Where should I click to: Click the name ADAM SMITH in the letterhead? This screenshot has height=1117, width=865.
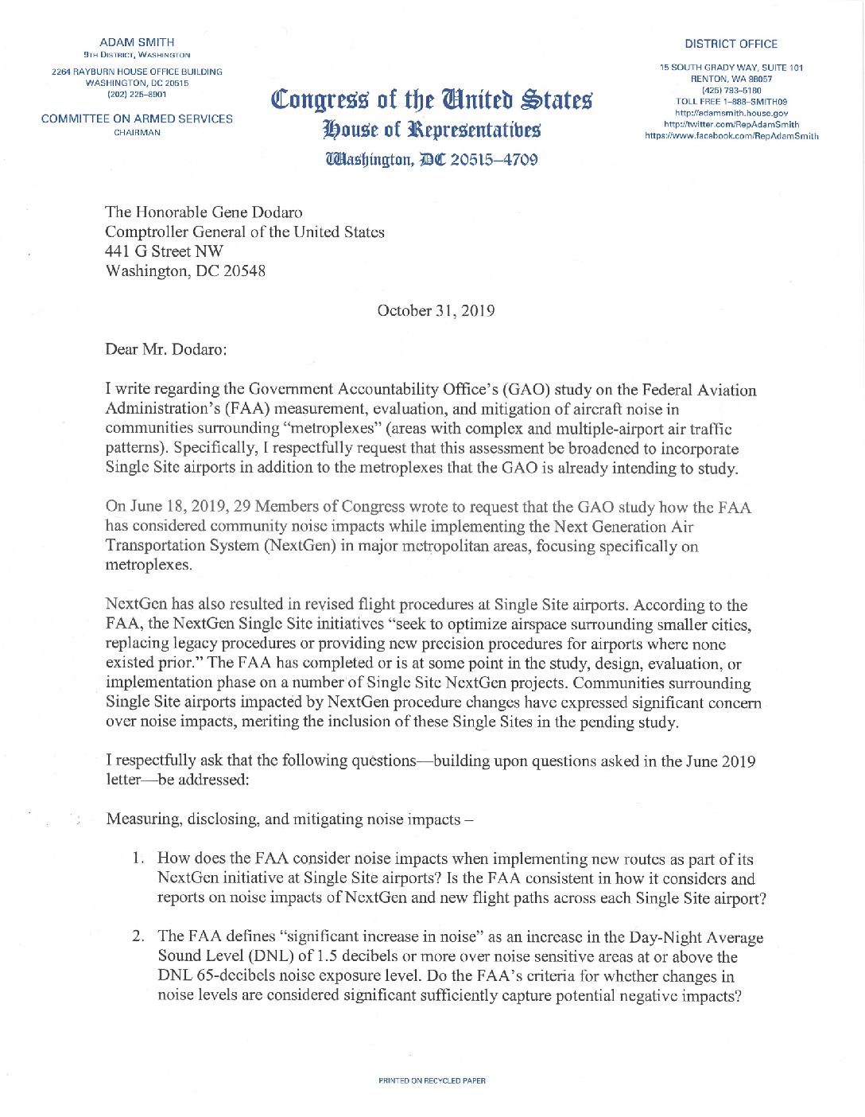(x=137, y=42)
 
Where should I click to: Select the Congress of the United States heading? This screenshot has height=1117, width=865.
(x=432, y=100)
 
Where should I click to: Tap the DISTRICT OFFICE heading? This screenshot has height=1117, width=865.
(x=731, y=44)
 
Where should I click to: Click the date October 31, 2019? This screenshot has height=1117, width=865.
(x=436, y=311)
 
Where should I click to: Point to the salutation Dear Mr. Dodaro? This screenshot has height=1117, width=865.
(x=166, y=350)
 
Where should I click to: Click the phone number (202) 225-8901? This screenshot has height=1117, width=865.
(x=137, y=94)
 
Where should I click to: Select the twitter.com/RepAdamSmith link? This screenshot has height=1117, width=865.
(x=731, y=124)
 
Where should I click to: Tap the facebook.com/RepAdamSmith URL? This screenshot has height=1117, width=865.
(x=731, y=136)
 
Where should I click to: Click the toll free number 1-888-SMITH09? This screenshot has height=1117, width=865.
(x=731, y=102)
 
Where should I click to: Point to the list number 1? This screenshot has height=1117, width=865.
(x=138, y=858)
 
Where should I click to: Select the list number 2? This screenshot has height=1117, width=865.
(x=138, y=936)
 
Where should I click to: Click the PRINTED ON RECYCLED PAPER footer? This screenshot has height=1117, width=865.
(x=432, y=1080)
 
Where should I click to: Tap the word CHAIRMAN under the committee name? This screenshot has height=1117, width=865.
(x=137, y=133)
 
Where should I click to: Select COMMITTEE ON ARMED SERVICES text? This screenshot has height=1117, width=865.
(x=137, y=119)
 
